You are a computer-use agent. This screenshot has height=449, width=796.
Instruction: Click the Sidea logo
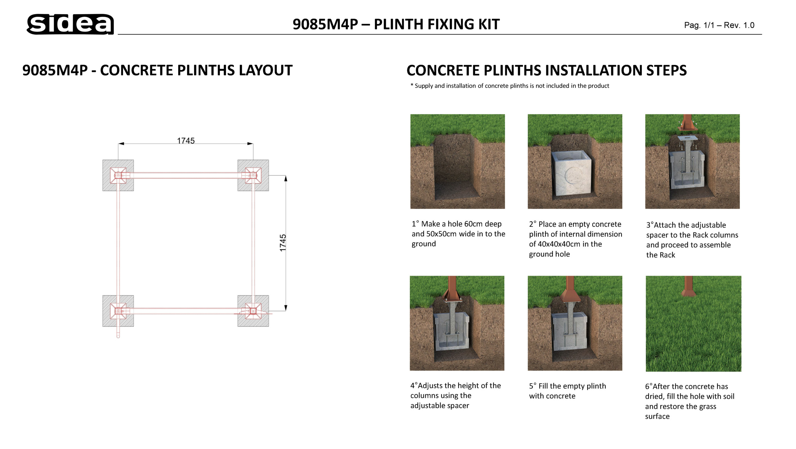coord(70,24)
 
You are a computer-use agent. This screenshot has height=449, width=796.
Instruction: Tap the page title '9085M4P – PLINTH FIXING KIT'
coord(396,24)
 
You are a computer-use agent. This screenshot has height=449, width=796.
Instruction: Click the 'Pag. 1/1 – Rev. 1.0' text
coord(719,25)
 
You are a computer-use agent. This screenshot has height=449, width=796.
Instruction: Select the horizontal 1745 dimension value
coord(186,141)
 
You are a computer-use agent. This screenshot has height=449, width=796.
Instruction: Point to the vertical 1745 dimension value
coord(283,243)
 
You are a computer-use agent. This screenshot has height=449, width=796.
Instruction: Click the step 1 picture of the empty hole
coord(457,161)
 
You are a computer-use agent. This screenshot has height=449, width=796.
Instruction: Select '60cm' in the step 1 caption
coord(474,224)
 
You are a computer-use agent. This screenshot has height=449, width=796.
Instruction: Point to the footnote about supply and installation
coord(510,86)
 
